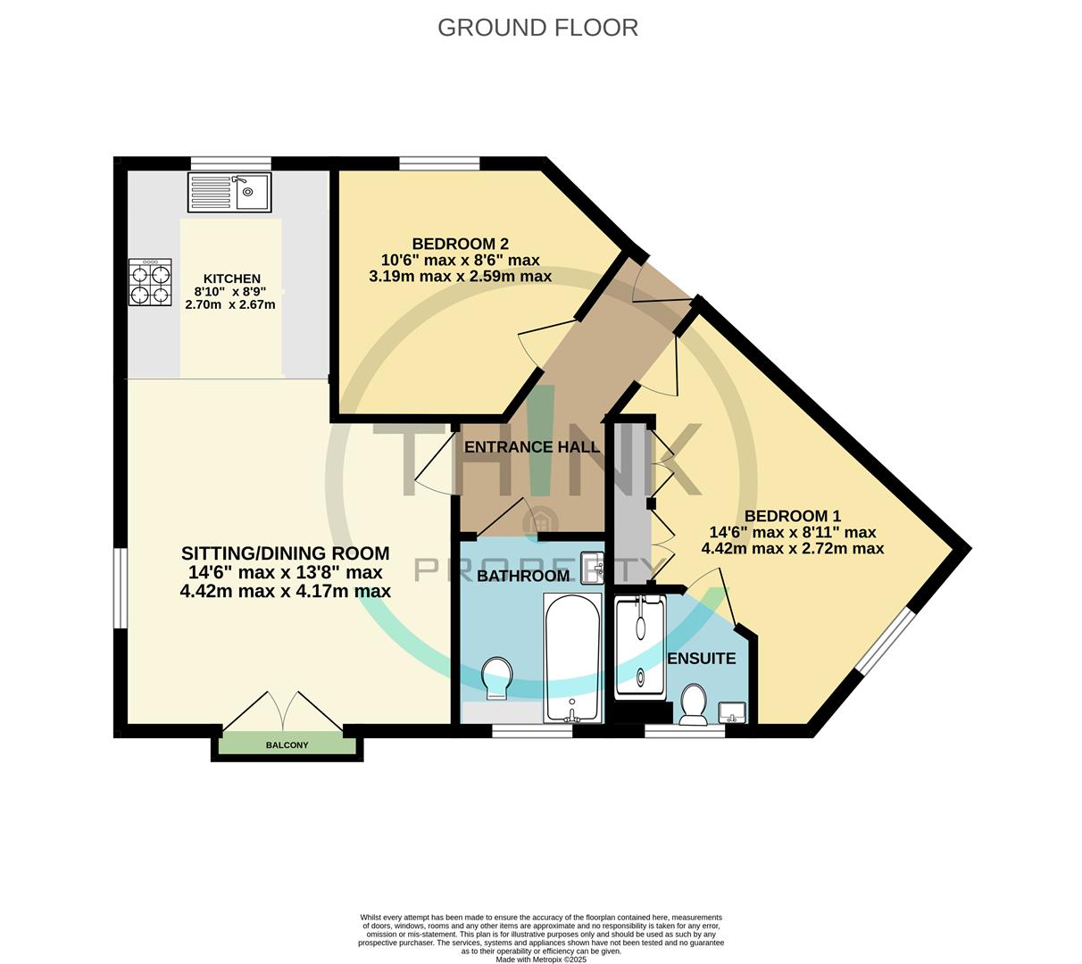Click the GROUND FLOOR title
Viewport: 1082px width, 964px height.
(x=537, y=28)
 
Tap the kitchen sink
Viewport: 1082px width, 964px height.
(x=229, y=191)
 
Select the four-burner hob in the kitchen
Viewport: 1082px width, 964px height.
(x=150, y=282)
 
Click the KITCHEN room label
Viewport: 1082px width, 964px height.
(x=232, y=278)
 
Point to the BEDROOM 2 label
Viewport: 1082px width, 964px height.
(x=461, y=244)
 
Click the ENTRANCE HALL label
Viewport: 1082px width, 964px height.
(x=532, y=447)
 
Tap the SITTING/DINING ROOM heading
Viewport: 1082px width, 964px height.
(x=285, y=553)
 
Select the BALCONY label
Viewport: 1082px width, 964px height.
(x=287, y=745)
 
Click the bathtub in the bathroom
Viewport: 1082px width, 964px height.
(x=572, y=658)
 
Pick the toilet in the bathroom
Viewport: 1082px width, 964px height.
(x=496, y=677)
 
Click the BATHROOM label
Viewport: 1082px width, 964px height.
(x=523, y=576)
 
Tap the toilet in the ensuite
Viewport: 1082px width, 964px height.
(x=694, y=704)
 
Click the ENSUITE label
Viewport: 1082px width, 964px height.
(x=701, y=659)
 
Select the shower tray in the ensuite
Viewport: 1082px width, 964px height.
(x=640, y=648)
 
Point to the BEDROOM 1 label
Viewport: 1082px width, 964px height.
(x=793, y=516)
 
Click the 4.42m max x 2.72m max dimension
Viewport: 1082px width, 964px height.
(x=793, y=548)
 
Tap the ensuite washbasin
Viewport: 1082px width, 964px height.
(x=732, y=713)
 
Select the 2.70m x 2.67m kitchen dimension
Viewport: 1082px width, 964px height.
(x=230, y=305)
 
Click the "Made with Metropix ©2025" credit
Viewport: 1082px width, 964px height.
(x=541, y=960)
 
